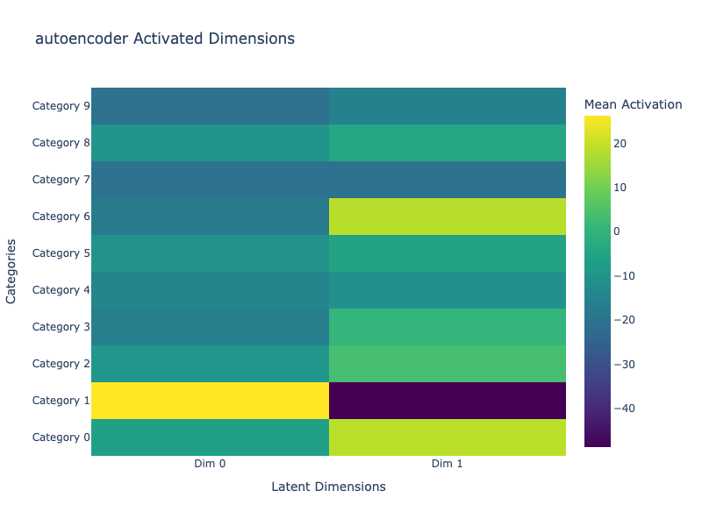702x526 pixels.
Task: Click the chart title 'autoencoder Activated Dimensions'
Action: pyautogui.click(x=164, y=39)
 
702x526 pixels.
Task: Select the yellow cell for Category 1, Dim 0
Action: pyautogui.click(x=210, y=401)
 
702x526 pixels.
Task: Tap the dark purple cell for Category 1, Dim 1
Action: pyautogui.click(x=448, y=401)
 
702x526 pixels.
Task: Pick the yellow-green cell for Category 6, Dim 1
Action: pyautogui.click(x=448, y=217)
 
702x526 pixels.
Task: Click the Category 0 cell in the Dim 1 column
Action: pyautogui.click(x=448, y=437)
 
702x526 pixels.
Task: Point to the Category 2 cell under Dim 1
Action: pyautogui.click(x=448, y=364)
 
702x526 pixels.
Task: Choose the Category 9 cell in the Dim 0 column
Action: pyautogui.click(x=210, y=106)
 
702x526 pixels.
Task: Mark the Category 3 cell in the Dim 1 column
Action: pyautogui.click(x=448, y=327)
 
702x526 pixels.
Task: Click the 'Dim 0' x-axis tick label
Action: pyautogui.click(x=210, y=464)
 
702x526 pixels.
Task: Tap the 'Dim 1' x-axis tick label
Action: pyautogui.click(x=448, y=464)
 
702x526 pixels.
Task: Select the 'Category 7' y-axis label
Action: pyautogui.click(x=61, y=180)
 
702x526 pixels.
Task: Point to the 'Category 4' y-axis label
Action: pyautogui.click(x=61, y=290)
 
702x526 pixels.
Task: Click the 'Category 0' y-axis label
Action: pyautogui.click(x=61, y=437)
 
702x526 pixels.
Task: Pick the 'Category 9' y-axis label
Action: pyautogui.click(x=61, y=106)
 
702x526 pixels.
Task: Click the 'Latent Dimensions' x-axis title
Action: pyautogui.click(x=328, y=487)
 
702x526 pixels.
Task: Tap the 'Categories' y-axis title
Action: pyautogui.click(x=11, y=272)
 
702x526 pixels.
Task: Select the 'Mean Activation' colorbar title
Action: pyautogui.click(x=633, y=104)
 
